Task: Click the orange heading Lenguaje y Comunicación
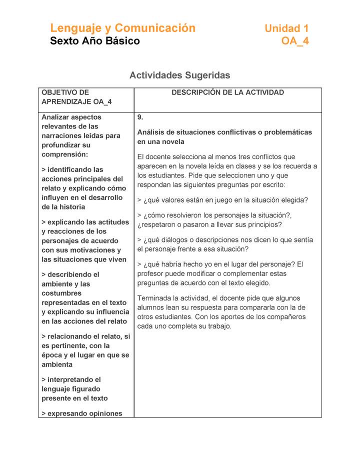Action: click(x=122, y=28)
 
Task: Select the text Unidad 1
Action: click(x=286, y=28)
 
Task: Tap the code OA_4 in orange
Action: click(x=295, y=41)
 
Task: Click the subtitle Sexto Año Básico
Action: click(x=95, y=41)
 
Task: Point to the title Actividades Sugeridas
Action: click(x=179, y=75)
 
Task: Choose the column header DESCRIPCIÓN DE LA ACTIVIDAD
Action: click(x=227, y=92)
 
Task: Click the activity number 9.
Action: click(x=140, y=117)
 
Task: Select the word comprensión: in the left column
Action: click(x=64, y=154)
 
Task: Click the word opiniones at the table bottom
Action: click(x=103, y=413)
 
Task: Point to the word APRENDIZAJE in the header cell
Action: click(x=66, y=102)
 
